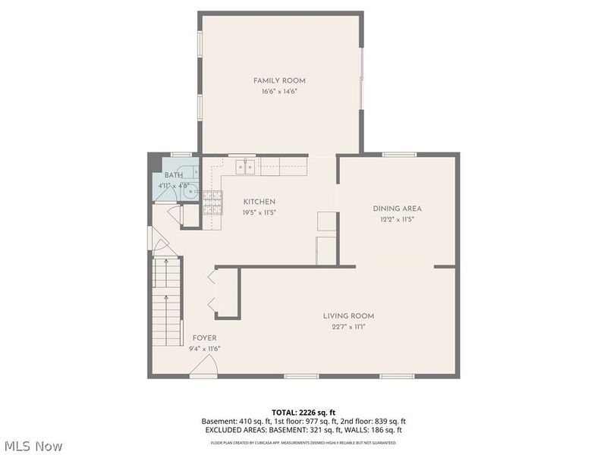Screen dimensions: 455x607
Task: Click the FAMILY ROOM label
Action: pyautogui.click(x=279, y=80)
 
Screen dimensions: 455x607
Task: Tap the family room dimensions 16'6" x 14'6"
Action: pyautogui.click(x=279, y=91)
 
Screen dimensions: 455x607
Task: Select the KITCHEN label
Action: pyautogui.click(x=259, y=202)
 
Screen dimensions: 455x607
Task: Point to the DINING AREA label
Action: pyautogui.click(x=397, y=209)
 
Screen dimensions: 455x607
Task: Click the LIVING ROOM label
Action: pyautogui.click(x=348, y=316)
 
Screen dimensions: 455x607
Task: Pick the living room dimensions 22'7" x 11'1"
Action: pyautogui.click(x=348, y=327)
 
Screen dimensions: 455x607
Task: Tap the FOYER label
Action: pyautogui.click(x=204, y=338)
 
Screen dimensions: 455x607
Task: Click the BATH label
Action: pyautogui.click(x=173, y=175)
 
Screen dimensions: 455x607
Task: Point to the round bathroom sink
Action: pyautogui.click(x=190, y=192)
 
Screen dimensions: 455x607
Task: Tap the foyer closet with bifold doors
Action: pyautogui.click(x=225, y=292)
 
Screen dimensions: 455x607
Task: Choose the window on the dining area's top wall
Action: pyautogui.click(x=399, y=155)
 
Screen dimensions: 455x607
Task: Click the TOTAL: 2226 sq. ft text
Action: pyautogui.click(x=303, y=412)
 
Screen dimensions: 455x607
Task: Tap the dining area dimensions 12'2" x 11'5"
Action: pyautogui.click(x=397, y=219)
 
